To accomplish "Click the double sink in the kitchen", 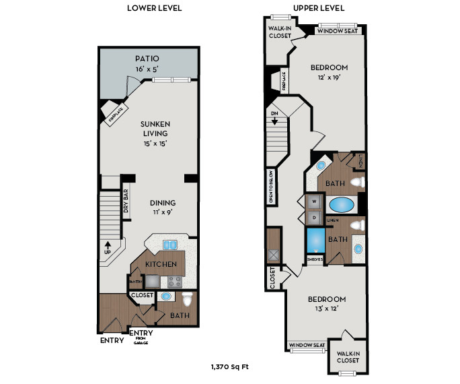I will click(x=169, y=245).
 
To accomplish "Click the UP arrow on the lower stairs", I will click(x=107, y=249).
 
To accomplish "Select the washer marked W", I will click(x=313, y=201).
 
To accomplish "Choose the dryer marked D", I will click(x=313, y=217).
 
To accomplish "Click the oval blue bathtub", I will click(x=342, y=204).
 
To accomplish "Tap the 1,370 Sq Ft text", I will click(x=230, y=366).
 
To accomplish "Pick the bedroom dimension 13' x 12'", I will click(x=327, y=309).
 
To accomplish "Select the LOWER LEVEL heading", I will click(x=154, y=8).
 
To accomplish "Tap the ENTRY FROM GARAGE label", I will click(x=140, y=336).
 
